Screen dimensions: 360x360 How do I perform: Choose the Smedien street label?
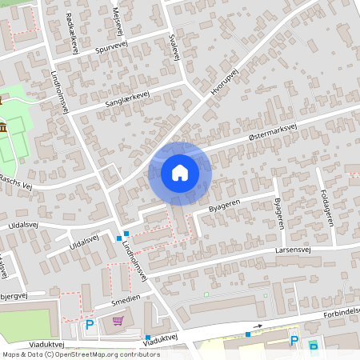pyautogui.click(x=125, y=299)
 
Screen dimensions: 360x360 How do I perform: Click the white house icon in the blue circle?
pyautogui.click(x=180, y=172)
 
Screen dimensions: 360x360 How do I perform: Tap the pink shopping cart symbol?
pyautogui.click(x=118, y=322)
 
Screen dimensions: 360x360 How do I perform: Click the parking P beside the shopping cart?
pyautogui.click(x=90, y=325)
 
